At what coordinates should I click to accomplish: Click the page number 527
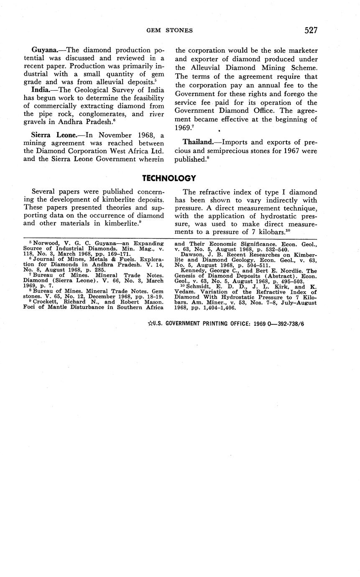click(x=311, y=30)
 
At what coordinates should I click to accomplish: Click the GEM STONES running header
click(x=169, y=30)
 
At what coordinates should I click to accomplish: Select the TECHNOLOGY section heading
click(x=169, y=179)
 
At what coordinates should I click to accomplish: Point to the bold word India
click(x=41, y=90)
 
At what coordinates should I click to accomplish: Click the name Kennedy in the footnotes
click(x=194, y=271)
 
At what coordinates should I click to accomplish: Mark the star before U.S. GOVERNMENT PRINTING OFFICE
click(x=151, y=324)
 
